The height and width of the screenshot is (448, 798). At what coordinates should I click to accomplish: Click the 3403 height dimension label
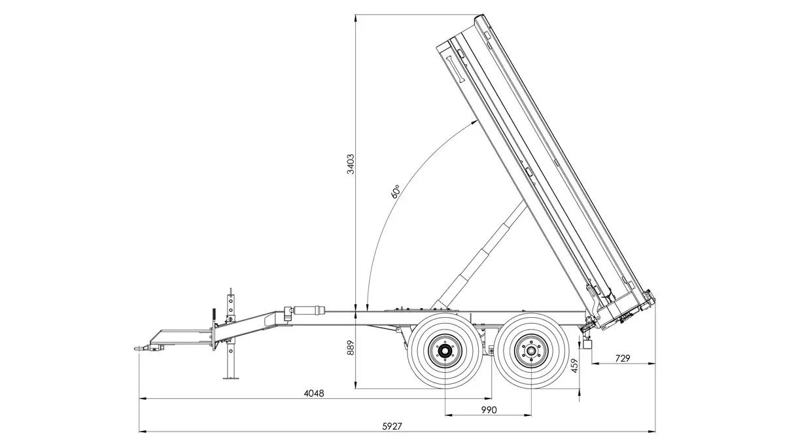pyautogui.click(x=351, y=164)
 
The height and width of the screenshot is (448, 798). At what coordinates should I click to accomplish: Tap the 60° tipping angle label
pyautogui.click(x=395, y=192)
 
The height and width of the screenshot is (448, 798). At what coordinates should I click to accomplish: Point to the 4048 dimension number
pyautogui.click(x=315, y=393)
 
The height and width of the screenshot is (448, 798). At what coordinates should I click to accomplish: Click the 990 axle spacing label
pyautogui.click(x=488, y=409)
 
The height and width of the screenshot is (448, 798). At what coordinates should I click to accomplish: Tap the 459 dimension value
pyautogui.click(x=574, y=365)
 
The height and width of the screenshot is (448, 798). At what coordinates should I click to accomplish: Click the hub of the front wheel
pyautogui.click(x=444, y=353)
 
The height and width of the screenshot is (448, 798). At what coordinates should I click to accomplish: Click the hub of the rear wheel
pyautogui.click(x=531, y=353)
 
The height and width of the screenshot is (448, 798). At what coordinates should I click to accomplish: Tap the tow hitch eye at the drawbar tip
pyautogui.click(x=139, y=348)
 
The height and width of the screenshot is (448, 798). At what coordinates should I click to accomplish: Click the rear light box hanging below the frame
pyautogui.click(x=587, y=344)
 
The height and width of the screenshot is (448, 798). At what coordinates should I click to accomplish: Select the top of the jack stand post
pyautogui.click(x=230, y=288)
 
